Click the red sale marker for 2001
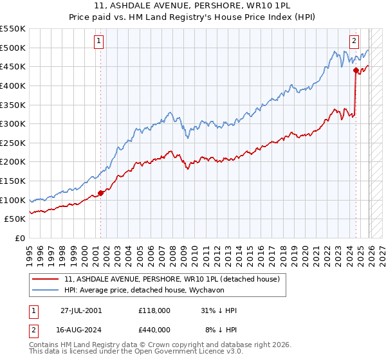(100, 193)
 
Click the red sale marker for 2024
(356, 71)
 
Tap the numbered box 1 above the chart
(98, 41)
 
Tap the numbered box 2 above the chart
(354, 41)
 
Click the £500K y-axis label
(14, 48)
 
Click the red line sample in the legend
(46, 280)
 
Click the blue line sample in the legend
(46, 291)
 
